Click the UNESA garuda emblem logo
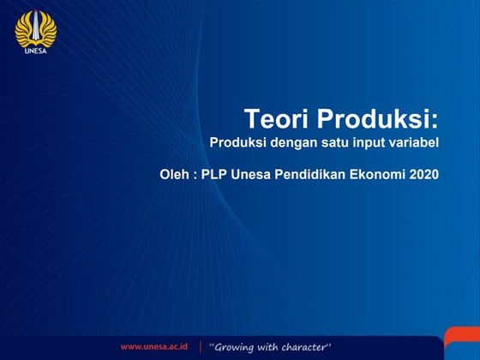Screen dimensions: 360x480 point(35,27)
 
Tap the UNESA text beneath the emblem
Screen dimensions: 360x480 point(35,50)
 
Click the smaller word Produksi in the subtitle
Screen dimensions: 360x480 point(237,143)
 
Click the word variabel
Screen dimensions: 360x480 point(413,143)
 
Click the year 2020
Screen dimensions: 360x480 point(423,175)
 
